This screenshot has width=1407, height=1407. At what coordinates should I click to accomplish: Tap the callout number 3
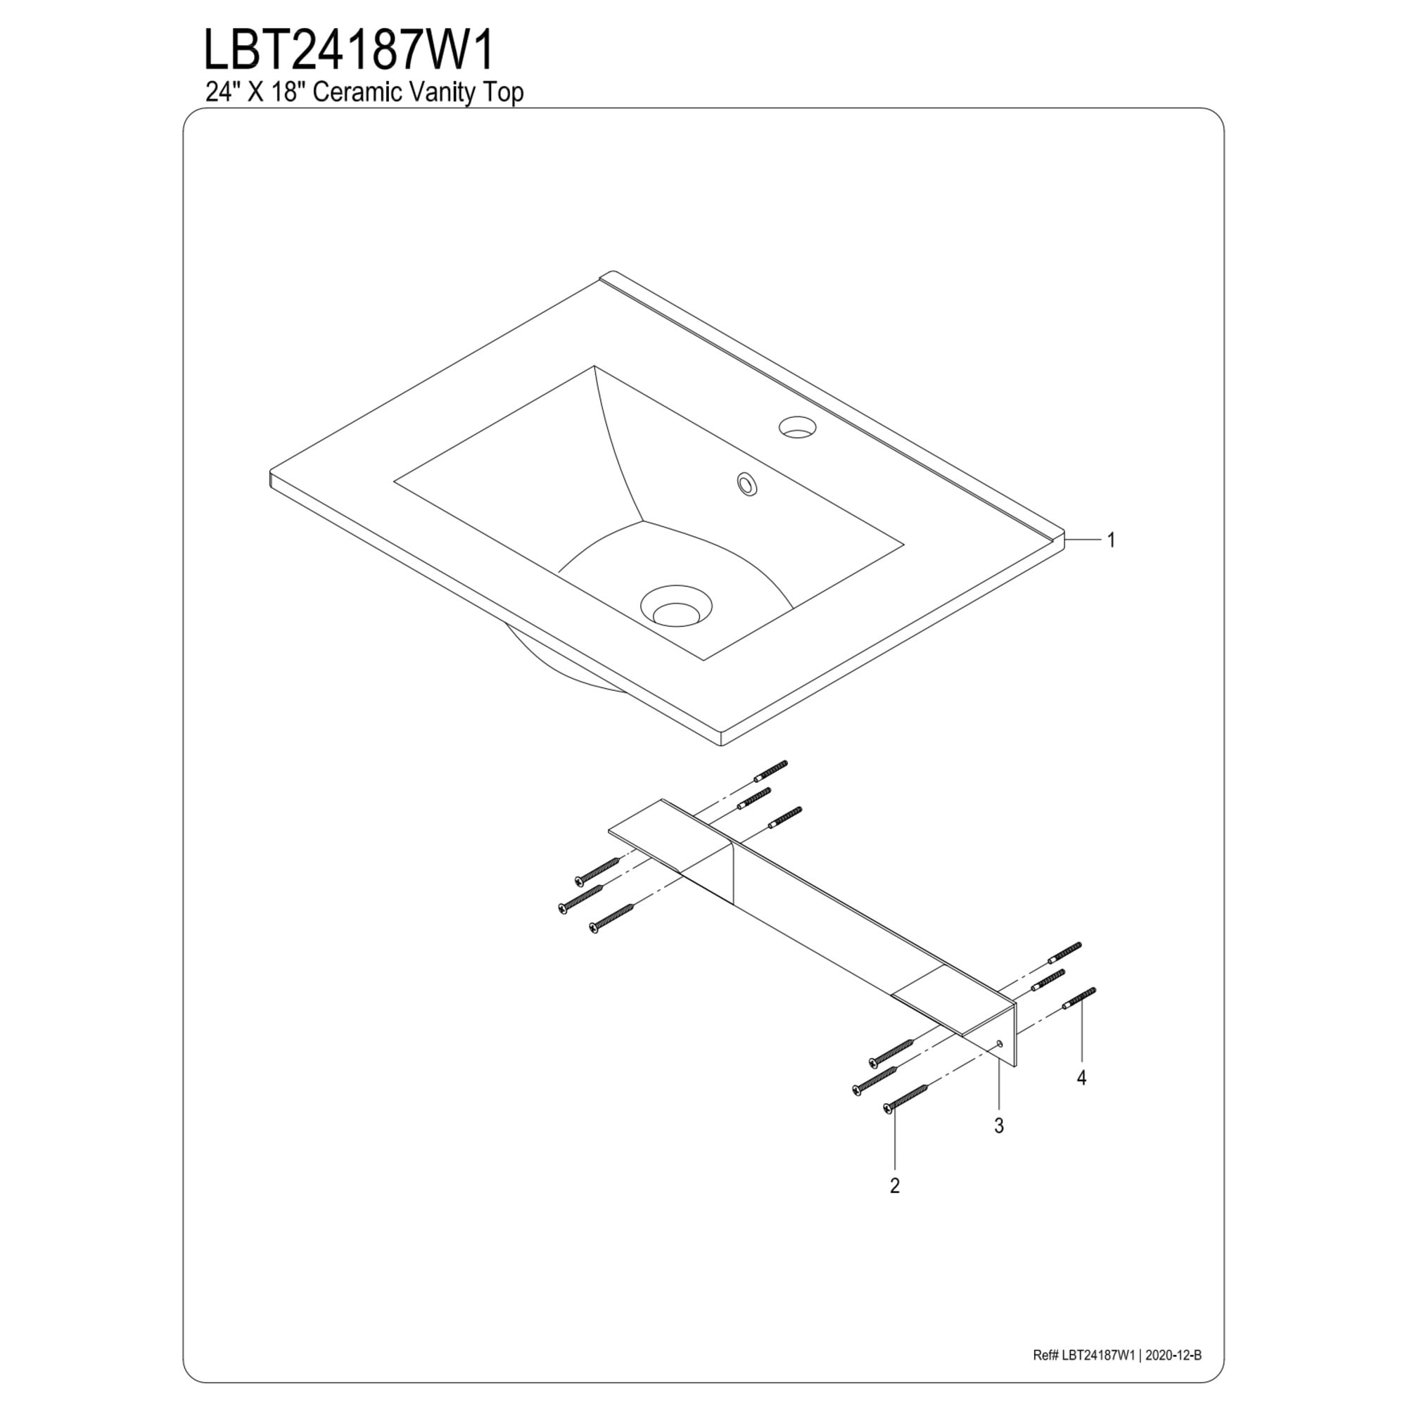point(999,1126)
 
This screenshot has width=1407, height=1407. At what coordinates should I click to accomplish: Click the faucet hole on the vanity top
point(798,427)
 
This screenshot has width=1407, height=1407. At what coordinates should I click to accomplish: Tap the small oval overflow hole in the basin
point(746,484)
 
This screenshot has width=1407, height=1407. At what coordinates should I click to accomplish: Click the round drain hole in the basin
point(676,605)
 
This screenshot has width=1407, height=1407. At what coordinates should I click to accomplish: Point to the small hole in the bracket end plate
point(1000,1043)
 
